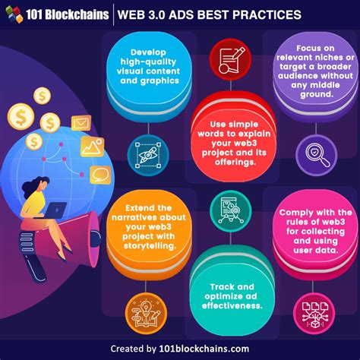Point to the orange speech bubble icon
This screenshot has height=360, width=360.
100,175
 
